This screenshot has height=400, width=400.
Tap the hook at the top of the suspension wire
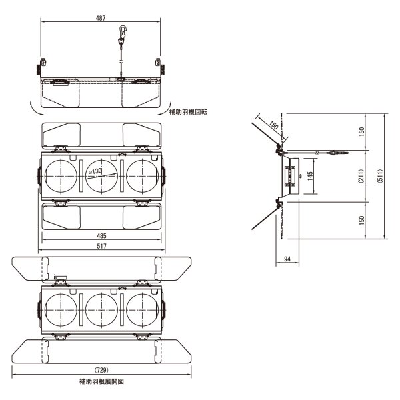(x=121, y=31)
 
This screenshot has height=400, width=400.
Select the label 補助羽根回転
(x=189, y=112)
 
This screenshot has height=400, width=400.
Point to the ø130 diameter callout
(x=95, y=171)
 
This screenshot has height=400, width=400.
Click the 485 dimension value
(x=101, y=237)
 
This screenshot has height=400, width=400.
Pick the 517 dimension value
(x=101, y=247)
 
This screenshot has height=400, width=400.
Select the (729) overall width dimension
(x=101, y=369)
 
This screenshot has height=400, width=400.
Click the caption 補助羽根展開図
(x=101, y=382)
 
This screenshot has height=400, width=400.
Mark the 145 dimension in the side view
(x=309, y=176)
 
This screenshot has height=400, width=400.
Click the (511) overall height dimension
(x=380, y=176)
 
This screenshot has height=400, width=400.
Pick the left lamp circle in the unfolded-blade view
(x=61, y=309)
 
